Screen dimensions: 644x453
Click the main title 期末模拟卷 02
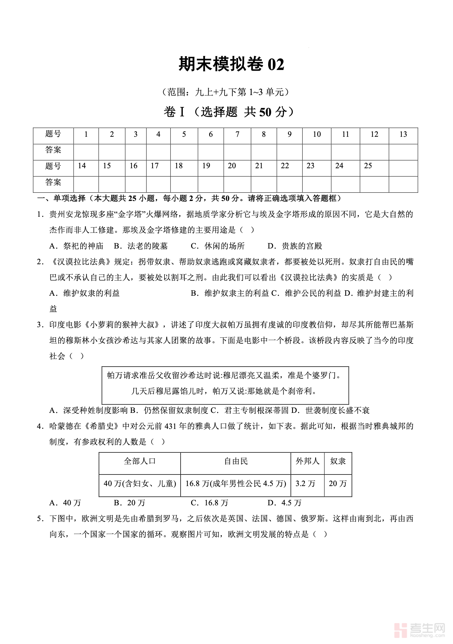coord(231,65)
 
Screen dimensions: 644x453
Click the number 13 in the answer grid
coord(403,135)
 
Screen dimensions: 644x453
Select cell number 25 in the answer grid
coord(368,166)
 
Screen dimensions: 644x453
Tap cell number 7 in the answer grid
coord(237,135)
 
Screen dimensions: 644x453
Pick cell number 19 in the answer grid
coord(206,166)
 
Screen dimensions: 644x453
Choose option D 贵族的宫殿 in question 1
coord(295,246)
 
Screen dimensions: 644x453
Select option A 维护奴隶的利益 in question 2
coord(84,293)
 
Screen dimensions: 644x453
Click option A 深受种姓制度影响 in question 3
coord(89,411)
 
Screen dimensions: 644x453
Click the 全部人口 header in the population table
coord(140,462)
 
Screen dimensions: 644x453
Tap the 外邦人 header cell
coord(307,462)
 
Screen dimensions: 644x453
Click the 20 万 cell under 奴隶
coord(338,484)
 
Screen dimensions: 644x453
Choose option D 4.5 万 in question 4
coord(285,503)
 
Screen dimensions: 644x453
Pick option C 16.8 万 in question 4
coord(209,503)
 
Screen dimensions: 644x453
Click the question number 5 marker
coord(40,519)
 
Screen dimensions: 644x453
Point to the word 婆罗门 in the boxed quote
coord(325,376)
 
